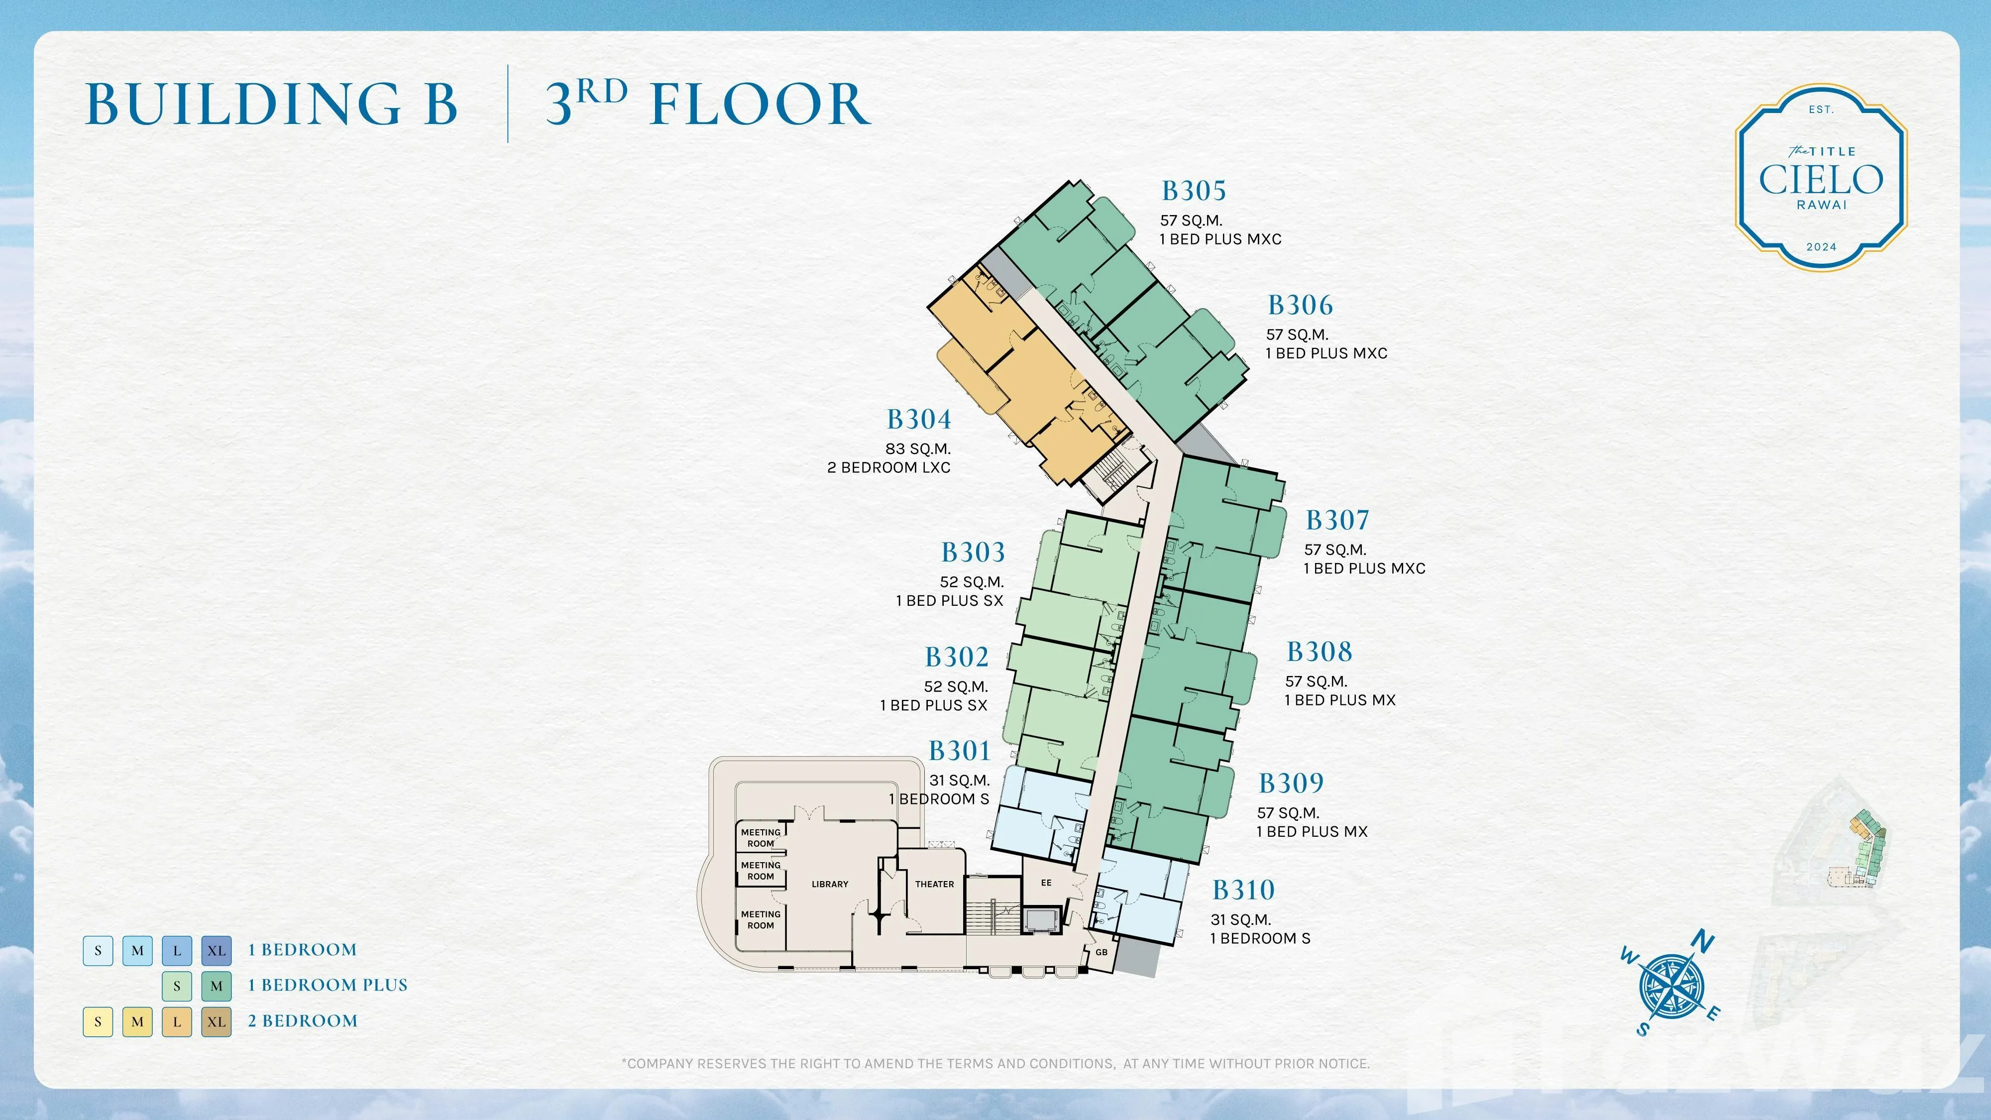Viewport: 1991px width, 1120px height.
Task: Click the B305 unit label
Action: [x=1194, y=191]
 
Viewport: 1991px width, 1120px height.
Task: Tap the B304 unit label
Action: [x=919, y=420]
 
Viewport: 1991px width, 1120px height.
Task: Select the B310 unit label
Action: [x=1243, y=891]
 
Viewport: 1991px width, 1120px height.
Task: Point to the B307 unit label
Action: [x=1337, y=520]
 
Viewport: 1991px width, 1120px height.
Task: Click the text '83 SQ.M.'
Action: [x=918, y=449]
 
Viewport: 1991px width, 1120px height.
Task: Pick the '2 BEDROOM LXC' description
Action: [x=889, y=467]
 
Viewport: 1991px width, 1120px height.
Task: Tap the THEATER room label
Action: [x=934, y=884]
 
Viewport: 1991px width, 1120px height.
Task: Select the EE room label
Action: [x=1046, y=883]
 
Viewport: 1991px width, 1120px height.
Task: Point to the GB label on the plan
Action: [x=1102, y=952]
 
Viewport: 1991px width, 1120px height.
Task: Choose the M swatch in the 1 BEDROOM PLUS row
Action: [x=217, y=986]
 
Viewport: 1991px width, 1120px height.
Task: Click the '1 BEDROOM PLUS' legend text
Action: [x=328, y=986]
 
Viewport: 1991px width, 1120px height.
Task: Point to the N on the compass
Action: [x=1703, y=942]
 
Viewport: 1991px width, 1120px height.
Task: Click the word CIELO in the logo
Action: [x=1821, y=180]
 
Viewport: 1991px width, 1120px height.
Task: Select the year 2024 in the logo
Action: [x=1821, y=247]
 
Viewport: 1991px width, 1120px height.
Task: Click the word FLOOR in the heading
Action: [x=761, y=105]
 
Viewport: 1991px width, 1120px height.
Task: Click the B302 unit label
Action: [x=957, y=658]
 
